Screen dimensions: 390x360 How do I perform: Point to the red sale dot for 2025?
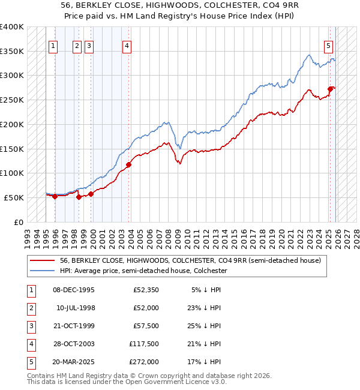330,89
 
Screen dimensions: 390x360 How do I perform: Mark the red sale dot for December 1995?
55,196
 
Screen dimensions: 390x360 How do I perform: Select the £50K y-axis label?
14,197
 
